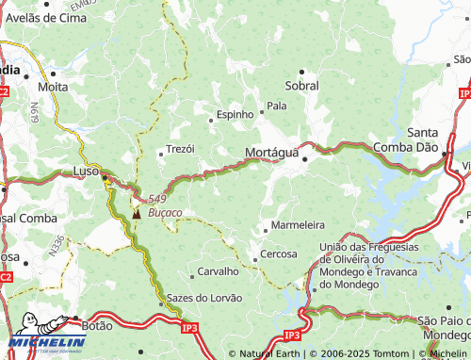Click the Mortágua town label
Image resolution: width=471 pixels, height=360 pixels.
tap(271, 152)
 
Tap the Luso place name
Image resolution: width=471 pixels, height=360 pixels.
tap(87, 172)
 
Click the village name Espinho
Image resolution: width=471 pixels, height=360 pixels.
tap(235, 114)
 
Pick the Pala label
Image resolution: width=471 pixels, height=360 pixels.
tap(277, 106)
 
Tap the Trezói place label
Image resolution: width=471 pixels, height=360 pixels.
tap(180, 149)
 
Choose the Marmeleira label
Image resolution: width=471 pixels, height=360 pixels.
tap(298, 225)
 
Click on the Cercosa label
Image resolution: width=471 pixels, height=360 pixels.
tap(279, 254)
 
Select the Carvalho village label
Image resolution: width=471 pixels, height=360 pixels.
tap(218, 272)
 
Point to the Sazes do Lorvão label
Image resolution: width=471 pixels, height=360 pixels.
tap(204, 298)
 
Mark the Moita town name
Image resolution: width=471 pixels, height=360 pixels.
tap(53, 86)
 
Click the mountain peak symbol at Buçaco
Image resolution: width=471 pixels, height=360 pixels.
tap(138, 213)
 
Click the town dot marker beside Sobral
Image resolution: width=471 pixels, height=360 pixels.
tap(302, 72)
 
